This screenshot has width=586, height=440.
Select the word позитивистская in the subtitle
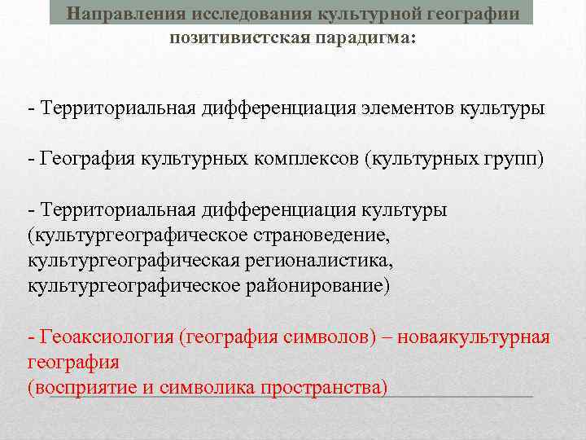click(x=235, y=38)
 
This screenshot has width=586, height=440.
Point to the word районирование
click(x=315, y=286)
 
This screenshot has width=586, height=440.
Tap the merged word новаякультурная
click(x=471, y=337)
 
